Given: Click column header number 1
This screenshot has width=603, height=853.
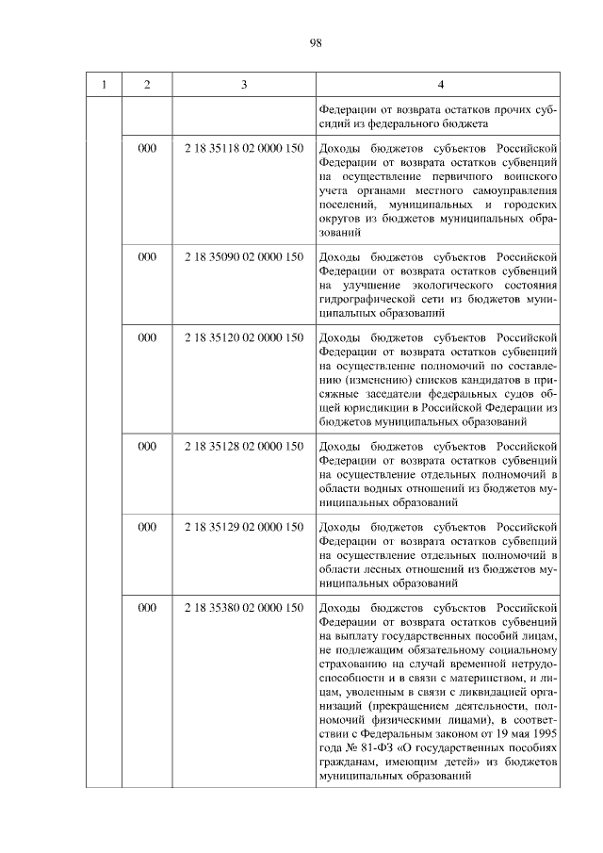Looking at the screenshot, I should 104,85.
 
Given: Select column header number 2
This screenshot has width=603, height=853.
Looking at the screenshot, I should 147,85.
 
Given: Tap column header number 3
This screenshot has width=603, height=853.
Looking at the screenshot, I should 243,85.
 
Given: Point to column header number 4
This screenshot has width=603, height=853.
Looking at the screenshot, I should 439,85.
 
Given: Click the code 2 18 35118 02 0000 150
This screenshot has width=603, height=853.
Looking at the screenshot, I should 243,149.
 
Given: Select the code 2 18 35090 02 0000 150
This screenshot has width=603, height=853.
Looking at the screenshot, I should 243,256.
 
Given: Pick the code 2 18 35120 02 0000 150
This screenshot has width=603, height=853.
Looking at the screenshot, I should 243,336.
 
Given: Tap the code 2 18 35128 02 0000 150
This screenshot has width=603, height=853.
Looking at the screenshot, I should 243,446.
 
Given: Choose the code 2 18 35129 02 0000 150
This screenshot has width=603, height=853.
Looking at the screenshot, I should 243,527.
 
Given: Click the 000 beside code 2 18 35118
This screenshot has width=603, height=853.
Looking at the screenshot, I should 147,149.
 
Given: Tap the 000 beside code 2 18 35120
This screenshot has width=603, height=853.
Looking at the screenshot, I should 147,336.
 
